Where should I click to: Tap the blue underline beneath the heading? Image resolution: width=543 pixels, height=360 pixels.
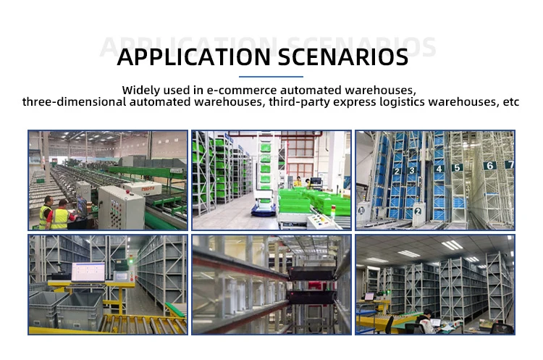click(271, 76)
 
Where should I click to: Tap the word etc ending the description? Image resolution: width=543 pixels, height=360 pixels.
click(511, 102)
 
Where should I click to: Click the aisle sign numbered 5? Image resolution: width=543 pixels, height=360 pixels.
click(457, 167)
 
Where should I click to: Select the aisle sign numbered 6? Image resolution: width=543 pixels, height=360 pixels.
click(489, 165)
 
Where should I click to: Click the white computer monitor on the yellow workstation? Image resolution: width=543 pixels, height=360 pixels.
click(87, 272)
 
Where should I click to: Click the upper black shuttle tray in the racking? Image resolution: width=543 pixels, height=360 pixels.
click(311, 273)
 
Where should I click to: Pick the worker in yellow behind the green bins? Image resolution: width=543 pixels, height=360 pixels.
click(297, 182)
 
